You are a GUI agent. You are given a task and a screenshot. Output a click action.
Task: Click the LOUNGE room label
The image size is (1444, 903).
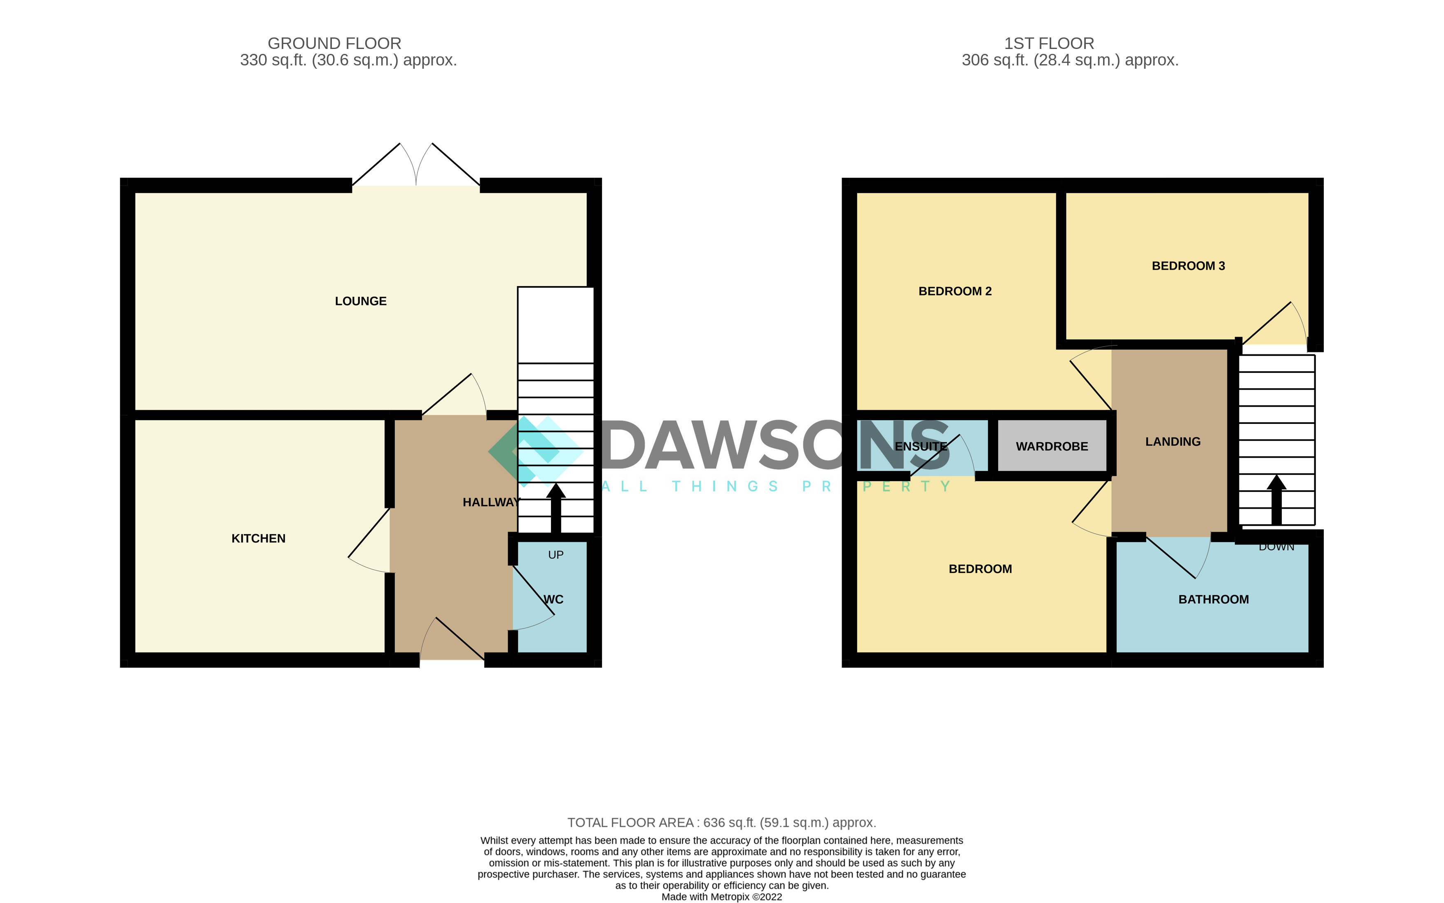(360, 301)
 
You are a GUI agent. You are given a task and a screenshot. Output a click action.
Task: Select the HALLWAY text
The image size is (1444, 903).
(491, 502)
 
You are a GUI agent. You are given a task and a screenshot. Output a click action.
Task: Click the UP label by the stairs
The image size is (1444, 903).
(555, 555)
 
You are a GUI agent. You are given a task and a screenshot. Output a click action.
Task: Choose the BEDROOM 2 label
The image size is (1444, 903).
(955, 291)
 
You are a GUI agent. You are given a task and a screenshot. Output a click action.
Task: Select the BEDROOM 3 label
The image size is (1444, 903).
(1188, 266)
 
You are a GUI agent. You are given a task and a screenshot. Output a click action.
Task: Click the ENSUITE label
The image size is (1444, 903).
(921, 446)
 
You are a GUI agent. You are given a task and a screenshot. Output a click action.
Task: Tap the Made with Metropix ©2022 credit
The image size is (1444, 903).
(722, 896)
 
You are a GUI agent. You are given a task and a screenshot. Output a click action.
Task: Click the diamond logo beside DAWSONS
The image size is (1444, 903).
(535, 451)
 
